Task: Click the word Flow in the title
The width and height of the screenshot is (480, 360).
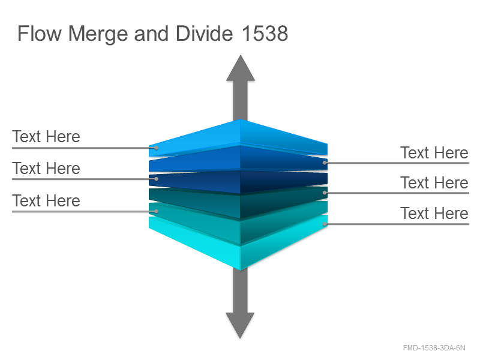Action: (x=40, y=34)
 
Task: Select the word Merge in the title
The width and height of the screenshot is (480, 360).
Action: (x=98, y=34)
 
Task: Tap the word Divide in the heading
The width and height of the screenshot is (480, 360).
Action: (x=204, y=34)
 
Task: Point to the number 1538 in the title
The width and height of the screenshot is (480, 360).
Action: (x=265, y=34)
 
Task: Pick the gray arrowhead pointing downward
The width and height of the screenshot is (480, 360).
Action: (x=240, y=325)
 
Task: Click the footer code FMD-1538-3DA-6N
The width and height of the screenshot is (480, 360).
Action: (x=434, y=348)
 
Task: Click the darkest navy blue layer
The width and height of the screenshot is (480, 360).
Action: (x=239, y=182)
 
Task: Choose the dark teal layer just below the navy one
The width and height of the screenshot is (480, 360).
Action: (x=239, y=202)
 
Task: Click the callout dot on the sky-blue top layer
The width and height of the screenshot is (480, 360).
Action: (x=156, y=148)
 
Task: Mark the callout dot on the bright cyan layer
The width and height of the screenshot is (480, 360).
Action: (x=325, y=224)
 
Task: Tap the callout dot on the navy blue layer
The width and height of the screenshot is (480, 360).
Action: (x=156, y=179)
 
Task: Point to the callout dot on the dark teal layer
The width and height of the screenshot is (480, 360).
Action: (x=325, y=193)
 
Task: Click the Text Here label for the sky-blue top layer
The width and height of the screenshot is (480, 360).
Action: (x=46, y=137)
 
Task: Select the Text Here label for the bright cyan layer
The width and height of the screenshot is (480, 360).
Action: (x=434, y=214)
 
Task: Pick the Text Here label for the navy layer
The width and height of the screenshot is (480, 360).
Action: (x=46, y=169)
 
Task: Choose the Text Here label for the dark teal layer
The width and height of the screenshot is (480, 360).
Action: (x=434, y=183)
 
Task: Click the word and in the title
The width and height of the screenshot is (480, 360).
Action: (x=151, y=34)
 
